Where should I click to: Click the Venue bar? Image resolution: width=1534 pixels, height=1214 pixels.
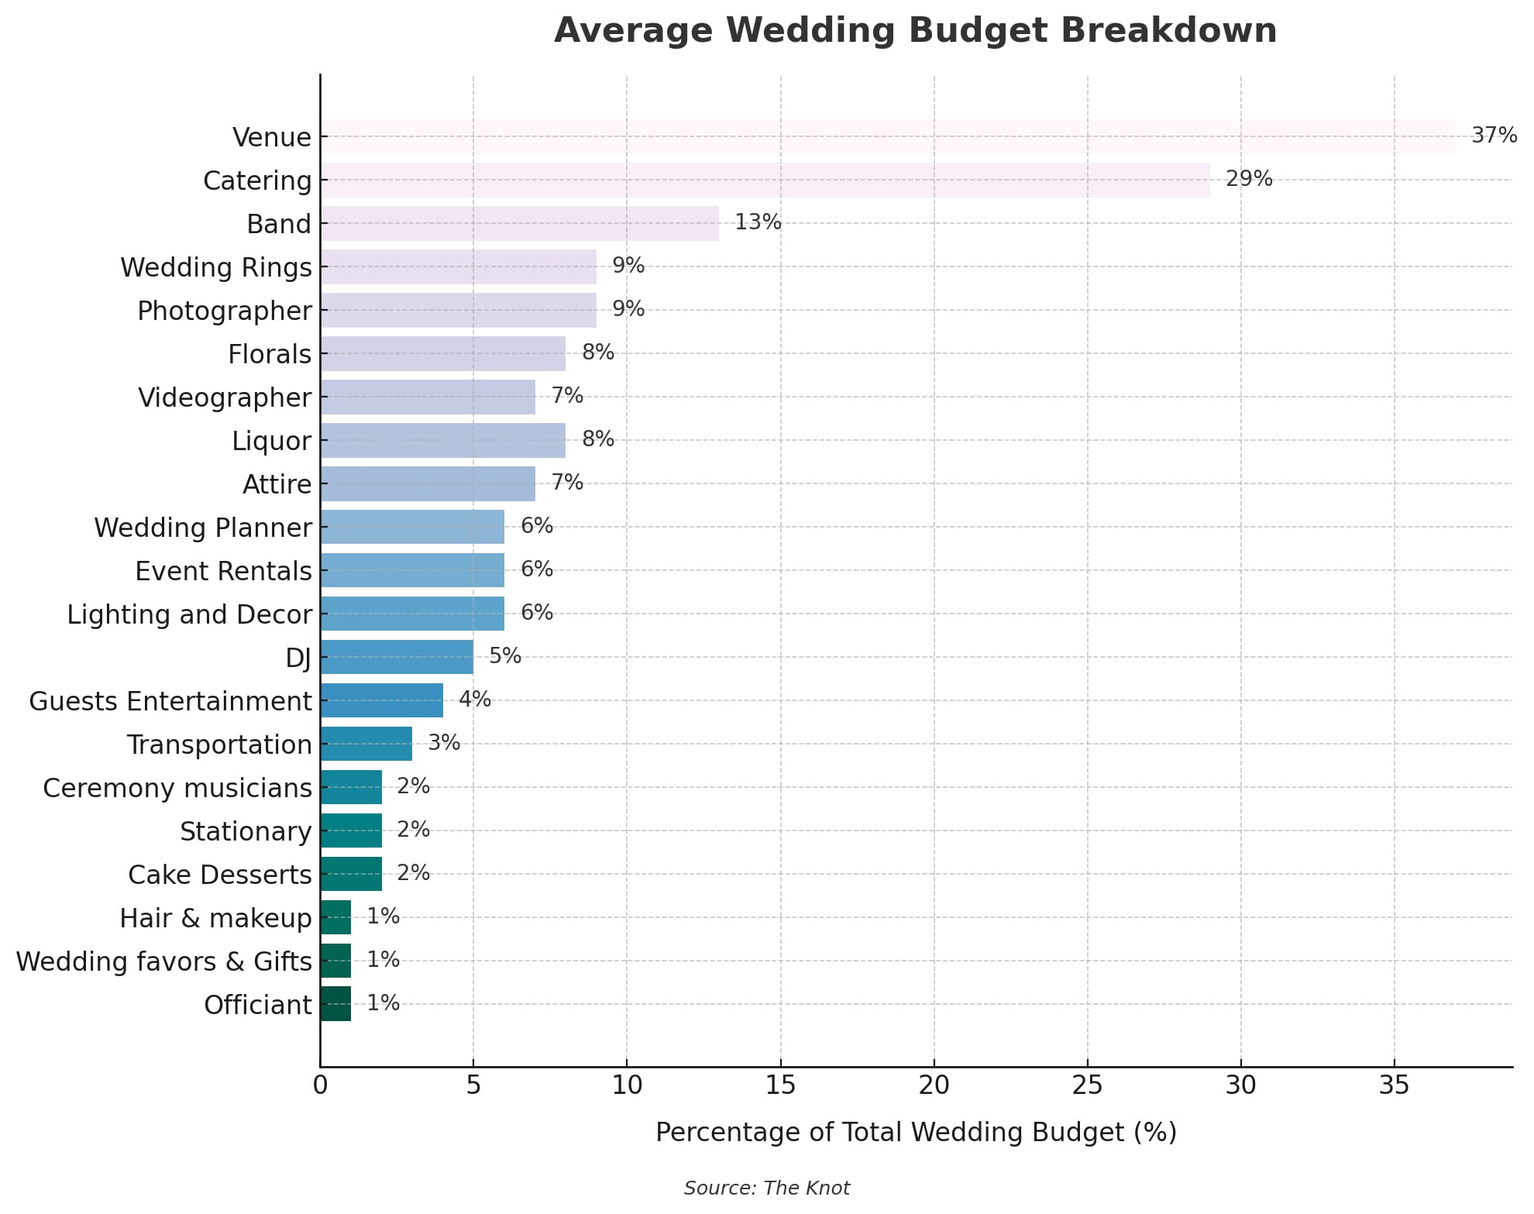tap(887, 136)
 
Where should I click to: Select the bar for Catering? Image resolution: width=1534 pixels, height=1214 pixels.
tap(765, 180)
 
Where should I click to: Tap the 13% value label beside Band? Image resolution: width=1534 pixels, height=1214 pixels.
tap(757, 222)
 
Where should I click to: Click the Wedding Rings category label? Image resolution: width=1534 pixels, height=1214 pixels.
tap(215, 267)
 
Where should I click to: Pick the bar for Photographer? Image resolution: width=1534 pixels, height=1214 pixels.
tap(458, 310)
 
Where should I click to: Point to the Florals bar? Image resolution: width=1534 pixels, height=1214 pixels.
tap(442, 353)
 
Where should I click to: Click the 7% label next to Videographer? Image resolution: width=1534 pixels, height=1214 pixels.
tap(566, 396)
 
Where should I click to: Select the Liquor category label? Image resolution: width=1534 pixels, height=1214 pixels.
tap(271, 441)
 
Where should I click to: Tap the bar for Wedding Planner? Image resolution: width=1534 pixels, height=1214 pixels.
tap(412, 527)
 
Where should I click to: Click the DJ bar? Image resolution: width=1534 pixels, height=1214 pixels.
tap(397, 657)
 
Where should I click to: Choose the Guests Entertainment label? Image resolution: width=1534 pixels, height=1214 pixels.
tap(170, 701)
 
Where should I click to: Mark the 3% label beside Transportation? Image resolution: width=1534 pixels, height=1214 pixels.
tap(444, 743)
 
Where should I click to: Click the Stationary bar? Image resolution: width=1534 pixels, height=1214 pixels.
tap(351, 831)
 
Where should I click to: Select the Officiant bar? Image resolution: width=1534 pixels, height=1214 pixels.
tap(335, 1004)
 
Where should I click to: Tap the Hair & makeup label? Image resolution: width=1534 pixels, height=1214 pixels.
tap(215, 918)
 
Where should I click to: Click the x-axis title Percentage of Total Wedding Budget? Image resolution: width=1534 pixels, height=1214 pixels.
tap(916, 1132)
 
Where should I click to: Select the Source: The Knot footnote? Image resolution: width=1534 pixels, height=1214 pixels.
tap(766, 1188)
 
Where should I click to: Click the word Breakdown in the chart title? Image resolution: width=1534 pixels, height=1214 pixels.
tap(1168, 31)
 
